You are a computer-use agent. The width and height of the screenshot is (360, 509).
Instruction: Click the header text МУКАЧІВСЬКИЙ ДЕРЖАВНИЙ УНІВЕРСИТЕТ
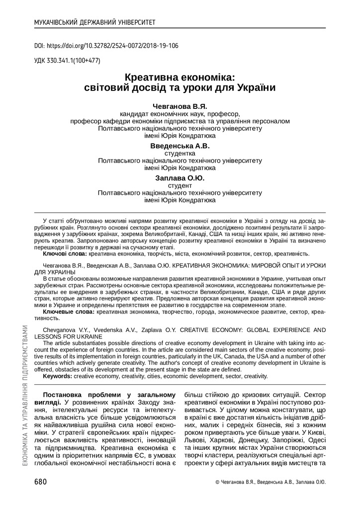[94, 22]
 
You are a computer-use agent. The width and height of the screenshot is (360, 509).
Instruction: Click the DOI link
[106, 45]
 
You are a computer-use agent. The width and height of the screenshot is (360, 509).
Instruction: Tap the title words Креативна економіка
[180, 78]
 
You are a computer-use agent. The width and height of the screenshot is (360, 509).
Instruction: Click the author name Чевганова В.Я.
[180, 106]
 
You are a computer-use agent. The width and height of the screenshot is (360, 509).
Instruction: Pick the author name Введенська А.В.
[180, 146]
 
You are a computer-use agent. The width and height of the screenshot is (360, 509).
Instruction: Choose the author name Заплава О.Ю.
[180, 178]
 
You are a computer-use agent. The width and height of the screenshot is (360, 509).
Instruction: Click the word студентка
[180, 154]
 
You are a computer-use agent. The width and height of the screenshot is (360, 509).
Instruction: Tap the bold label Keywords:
[58, 376]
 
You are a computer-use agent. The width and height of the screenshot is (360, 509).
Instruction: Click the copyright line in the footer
[270, 482]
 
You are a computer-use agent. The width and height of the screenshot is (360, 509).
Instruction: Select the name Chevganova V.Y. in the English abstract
[66, 330]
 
